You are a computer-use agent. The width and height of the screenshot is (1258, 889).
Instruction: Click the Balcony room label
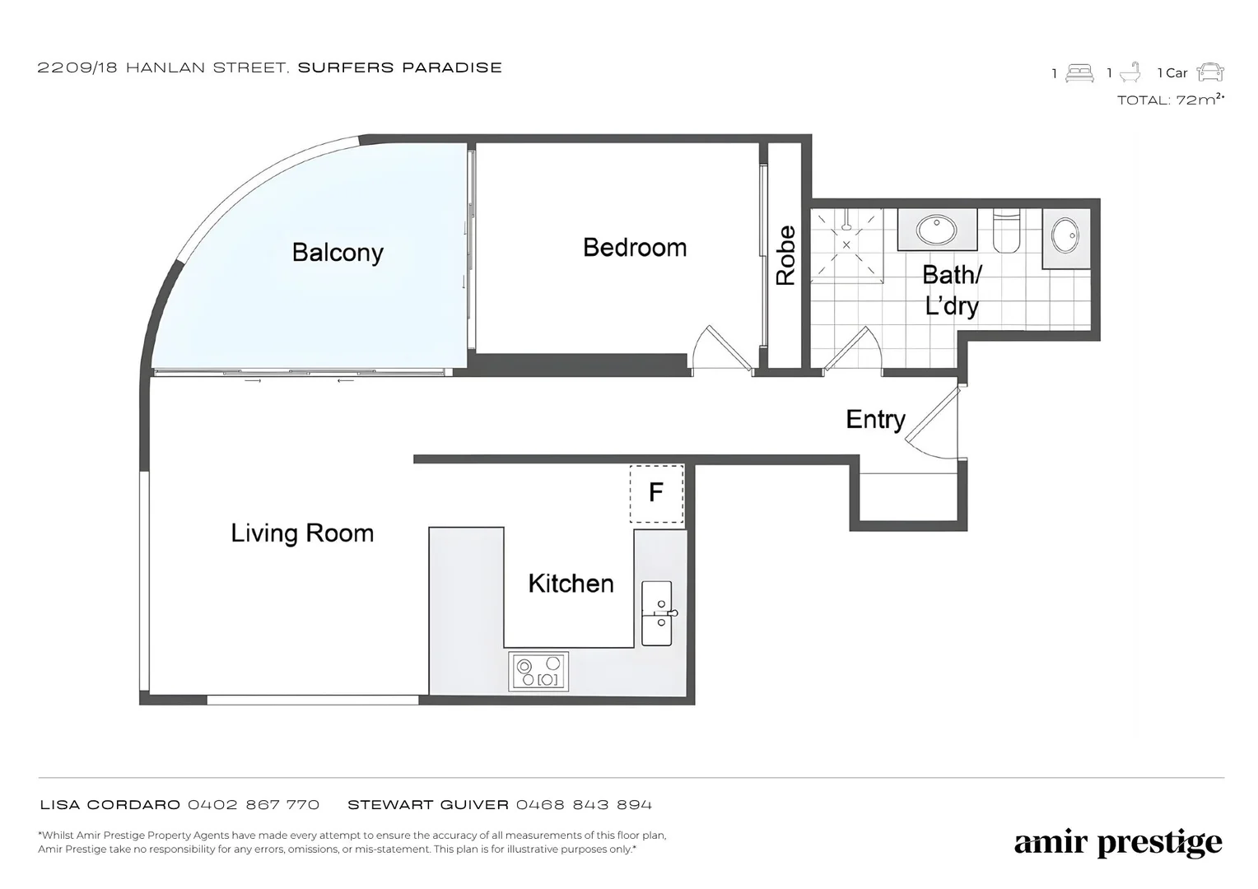tap(338, 253)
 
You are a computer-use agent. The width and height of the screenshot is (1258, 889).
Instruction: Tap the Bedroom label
tap(635, 248)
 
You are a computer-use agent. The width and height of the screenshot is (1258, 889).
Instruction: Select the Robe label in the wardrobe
tap(785, 255)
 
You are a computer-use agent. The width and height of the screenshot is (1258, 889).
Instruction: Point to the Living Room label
tap(302, 533)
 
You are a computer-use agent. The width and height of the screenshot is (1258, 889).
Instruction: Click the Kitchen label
tap(571, 584)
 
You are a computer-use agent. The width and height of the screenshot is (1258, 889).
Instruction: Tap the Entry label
tap(875, 420)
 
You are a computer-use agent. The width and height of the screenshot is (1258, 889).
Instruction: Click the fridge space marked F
tap(656, 494)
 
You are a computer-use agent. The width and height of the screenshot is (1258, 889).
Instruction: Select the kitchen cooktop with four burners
tap(538, 671)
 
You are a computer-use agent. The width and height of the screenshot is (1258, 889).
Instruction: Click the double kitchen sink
tap(657, 613)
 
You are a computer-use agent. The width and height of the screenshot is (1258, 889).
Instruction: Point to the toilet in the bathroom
tap(1006, 230)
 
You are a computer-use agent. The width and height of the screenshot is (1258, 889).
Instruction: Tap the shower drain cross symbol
tap(846, 244)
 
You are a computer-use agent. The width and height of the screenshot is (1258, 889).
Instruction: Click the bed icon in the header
tap(1079, 73)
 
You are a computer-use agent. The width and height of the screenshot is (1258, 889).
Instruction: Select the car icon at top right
tap(1210, 72)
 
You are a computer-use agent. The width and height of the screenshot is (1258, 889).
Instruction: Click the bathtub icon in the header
tap(1130, 72)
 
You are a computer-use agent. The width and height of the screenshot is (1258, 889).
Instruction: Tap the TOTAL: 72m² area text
tap(1171, 100)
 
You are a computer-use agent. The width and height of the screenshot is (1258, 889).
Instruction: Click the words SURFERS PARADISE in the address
tap(400, 68)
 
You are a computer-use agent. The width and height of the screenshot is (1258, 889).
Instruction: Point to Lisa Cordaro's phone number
tap(254, 805)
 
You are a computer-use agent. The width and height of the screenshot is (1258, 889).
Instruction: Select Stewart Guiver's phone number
tap(584, 805)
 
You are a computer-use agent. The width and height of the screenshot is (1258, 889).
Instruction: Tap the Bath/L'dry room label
tap(952, 291)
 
